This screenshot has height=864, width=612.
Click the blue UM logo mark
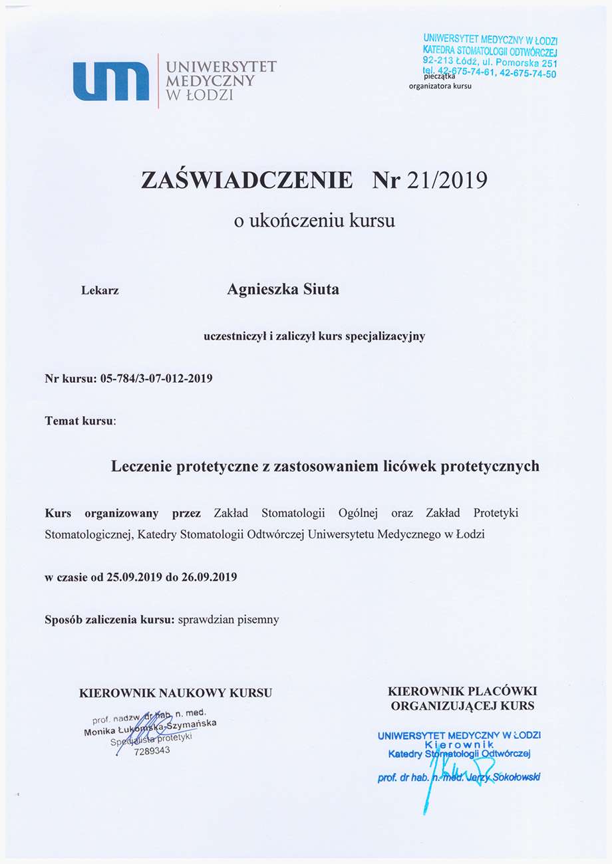(111, 81)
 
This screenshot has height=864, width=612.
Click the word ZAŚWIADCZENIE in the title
(247, 180)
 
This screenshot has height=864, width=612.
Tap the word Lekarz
(100, 290)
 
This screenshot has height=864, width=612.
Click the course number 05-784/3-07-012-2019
(156, 379)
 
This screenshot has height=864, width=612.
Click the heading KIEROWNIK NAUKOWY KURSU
(176, 693)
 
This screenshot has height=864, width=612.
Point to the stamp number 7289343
(152, 751)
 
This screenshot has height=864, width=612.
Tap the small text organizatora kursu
(440, 86)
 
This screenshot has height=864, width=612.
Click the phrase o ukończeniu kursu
(314, 221)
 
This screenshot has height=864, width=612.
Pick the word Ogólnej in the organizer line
(362, 514)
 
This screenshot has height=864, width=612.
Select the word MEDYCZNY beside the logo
(211, 80)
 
